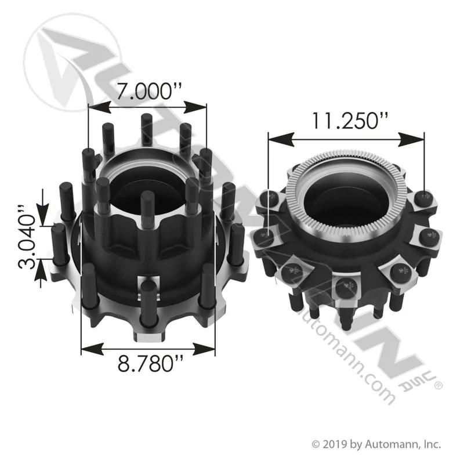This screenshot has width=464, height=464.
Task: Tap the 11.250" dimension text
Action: click(x=350, y=121)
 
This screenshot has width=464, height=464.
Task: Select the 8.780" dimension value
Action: click(x=150, y=364)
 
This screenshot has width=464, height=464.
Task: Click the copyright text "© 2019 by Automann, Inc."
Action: click(x=376, y=444)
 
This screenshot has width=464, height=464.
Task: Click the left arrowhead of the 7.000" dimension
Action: click(x=99, y=107)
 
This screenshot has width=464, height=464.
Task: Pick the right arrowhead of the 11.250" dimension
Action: click(x=411, y=139)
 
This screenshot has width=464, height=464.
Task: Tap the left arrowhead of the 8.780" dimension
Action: click(x=92, y=349)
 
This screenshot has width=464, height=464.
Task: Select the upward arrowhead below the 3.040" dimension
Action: click(x=41, y=269)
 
